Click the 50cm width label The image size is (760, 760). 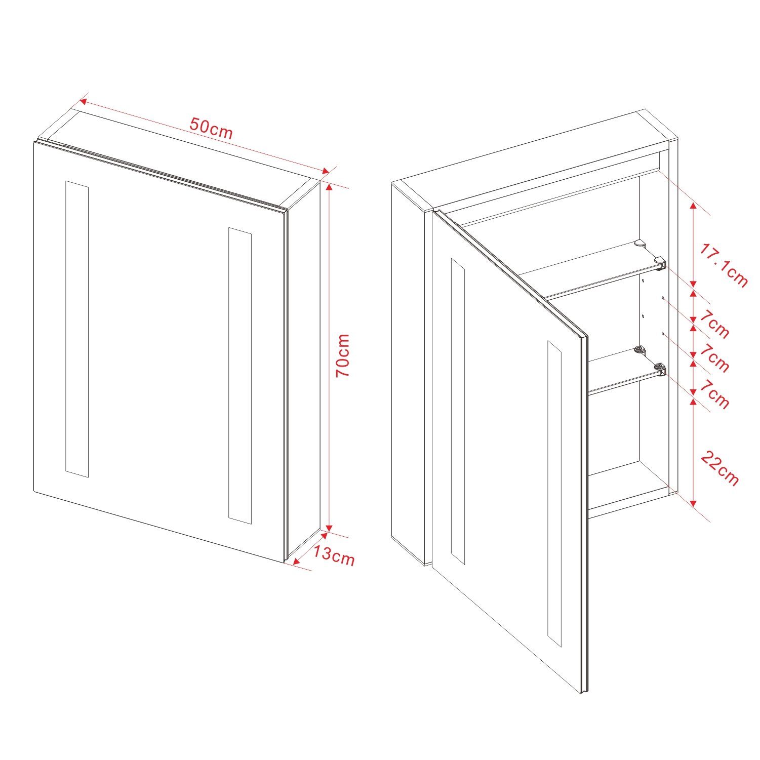[211, 128]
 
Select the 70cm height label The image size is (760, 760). [343, 354]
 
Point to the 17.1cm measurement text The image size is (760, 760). [724, 265]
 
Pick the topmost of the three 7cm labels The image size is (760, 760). [714, 325]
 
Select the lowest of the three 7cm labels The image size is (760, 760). [714, 393]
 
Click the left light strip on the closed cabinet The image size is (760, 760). [77, 329]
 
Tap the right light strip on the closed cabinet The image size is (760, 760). [240, 375]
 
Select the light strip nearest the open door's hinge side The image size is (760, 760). [458, 411]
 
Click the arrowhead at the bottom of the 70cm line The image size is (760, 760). [329, 525]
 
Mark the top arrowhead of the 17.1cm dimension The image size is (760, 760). [693, 206]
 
